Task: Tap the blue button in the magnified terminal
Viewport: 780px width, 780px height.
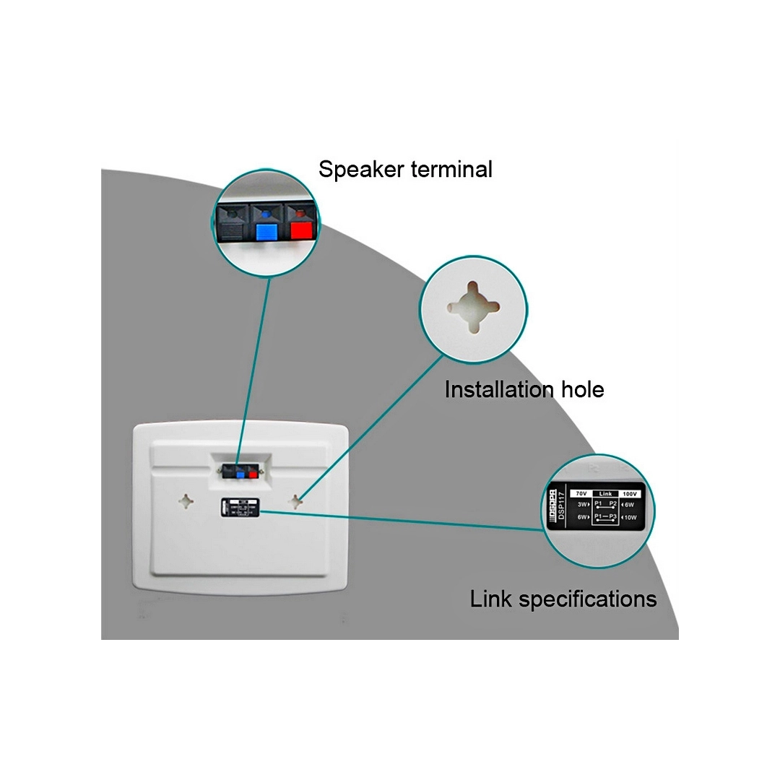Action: coord(266,231)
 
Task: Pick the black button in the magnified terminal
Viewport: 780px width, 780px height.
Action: coord(231,230)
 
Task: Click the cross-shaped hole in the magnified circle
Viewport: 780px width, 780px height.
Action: coord(472,306)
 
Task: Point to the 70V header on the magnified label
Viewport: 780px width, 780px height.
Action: coord(580,493)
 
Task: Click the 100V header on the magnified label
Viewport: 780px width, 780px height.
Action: coord(629,493)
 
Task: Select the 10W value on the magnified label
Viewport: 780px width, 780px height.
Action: coord(630,517)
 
